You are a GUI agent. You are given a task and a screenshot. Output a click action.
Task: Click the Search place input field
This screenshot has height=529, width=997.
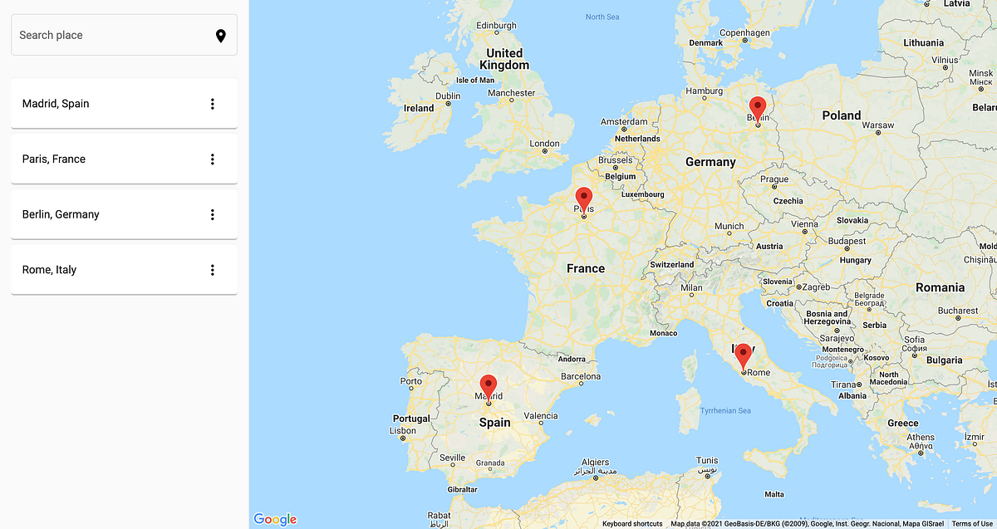[x=108, y=36]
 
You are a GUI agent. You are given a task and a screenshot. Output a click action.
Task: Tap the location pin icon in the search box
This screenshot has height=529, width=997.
[x=221, y=36]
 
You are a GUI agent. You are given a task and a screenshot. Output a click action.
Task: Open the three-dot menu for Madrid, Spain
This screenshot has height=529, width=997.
[x=213, y=104]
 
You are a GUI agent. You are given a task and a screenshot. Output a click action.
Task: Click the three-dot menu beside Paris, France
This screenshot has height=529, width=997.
[x=213, y=159]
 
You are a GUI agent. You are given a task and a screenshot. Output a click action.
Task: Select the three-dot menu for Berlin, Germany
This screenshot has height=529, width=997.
[x=213, y=214]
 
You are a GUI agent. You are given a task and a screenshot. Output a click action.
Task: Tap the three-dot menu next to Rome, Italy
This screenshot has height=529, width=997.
[x=213, y=270]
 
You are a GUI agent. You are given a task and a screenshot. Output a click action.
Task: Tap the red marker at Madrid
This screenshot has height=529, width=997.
[x=489, y=386]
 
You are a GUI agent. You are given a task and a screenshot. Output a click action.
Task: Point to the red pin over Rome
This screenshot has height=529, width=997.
[x=743, y=355]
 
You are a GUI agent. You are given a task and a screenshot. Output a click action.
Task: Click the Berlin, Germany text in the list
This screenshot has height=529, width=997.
[x=61, y=214]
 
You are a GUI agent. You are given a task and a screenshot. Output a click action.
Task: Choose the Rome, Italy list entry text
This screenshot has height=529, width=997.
[x=49, y=270]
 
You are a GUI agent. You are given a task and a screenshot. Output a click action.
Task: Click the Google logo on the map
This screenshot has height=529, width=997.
[x=275, y=519]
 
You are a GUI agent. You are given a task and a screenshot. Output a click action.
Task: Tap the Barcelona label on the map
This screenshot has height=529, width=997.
[x=581, y=376]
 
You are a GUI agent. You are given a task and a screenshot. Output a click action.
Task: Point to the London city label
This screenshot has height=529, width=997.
[x=545, y=144]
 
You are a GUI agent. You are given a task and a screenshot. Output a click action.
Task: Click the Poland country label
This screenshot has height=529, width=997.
[x=842, y=115]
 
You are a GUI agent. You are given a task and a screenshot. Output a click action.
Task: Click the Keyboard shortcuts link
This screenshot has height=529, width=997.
[x=632, y=524]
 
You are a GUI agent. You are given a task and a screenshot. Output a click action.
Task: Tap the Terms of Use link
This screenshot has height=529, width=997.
[x=972, y=524]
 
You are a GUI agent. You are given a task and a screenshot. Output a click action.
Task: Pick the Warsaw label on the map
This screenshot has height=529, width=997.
[x=878, y=125]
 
